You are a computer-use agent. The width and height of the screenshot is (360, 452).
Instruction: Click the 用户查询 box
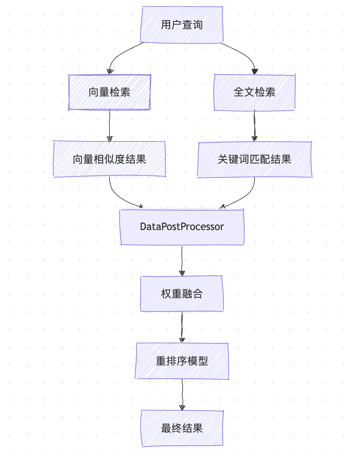point(182,25)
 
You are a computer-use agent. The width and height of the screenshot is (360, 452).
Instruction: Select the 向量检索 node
point(109,92)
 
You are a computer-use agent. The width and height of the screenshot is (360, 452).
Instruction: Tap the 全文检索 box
point(254,92)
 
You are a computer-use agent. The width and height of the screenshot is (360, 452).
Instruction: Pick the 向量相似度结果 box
point(109,159)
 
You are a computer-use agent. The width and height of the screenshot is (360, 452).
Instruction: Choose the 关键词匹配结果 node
point(254,159)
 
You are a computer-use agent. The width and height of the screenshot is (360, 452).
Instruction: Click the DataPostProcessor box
point(182,227)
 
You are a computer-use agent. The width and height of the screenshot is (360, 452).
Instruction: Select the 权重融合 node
point(182,294)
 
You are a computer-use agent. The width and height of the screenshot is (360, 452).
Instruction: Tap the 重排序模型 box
point(182,361)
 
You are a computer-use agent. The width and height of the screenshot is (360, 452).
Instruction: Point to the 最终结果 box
point(182,428)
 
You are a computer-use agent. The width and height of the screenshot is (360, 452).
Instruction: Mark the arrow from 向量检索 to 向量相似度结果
point(109,124)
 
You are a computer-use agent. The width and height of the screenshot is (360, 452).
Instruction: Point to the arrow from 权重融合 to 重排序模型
point(182,326)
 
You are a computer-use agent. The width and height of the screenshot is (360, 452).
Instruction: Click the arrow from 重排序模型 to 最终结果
point(182,393)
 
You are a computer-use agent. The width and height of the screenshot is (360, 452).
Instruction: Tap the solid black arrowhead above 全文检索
point(255,71)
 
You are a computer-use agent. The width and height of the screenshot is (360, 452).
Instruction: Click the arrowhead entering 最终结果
point(182,407)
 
